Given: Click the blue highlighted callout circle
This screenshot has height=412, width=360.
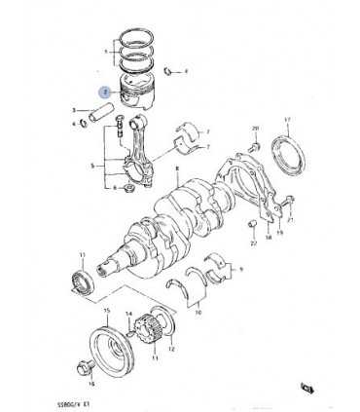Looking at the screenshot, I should pos(105,91).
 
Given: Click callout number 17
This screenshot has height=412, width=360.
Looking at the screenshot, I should pos(287,120).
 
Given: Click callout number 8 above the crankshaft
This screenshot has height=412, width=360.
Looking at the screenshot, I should pos(178,169).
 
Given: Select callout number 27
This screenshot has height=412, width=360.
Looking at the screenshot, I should pos(252,244).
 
